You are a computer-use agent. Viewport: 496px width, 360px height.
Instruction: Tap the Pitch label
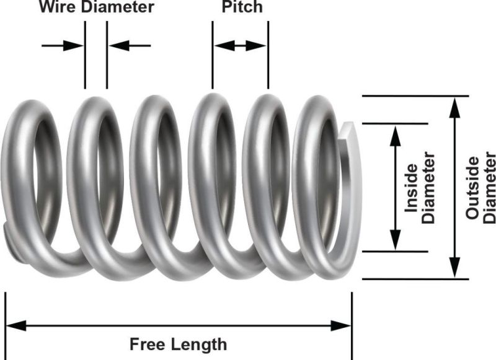(242, 7)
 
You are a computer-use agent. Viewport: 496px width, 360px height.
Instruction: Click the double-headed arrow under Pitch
(240, 45)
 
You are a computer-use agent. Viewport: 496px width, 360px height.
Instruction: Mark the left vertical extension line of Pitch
(212, 56)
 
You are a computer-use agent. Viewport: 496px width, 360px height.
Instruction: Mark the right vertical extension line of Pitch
(268, 56)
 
